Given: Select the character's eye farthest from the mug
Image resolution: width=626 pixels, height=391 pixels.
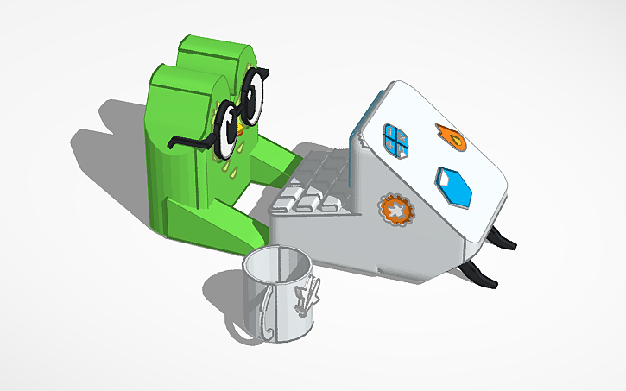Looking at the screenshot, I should (x=254, y=96).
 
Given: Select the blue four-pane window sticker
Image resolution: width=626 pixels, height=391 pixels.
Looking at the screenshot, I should (x=398, y=141).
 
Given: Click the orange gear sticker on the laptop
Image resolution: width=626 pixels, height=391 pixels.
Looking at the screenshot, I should (x=394, y=211).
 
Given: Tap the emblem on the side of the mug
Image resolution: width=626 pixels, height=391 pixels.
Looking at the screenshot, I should (x=307, y=298).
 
